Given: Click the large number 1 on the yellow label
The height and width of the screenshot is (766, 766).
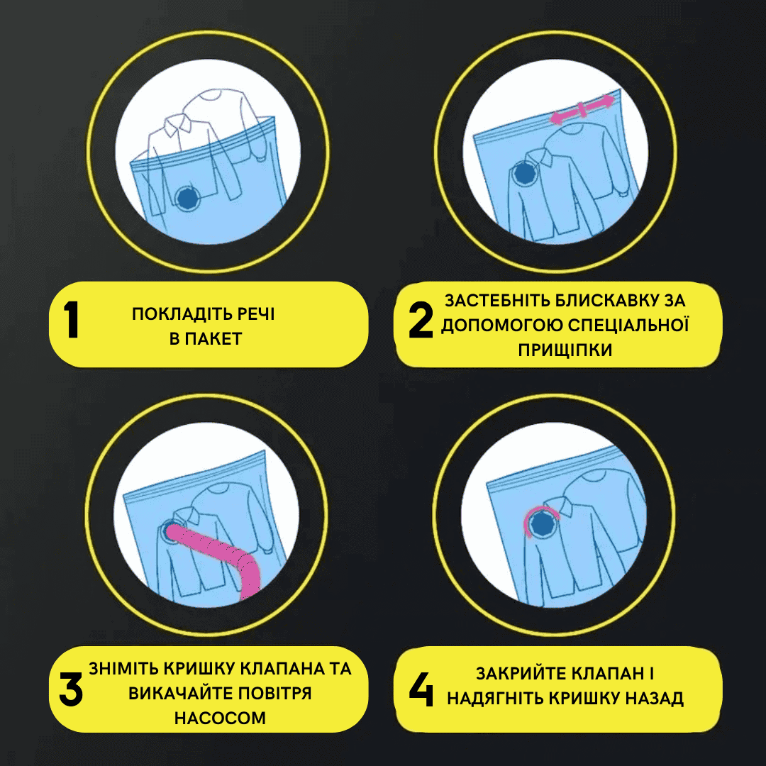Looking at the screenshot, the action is click(x=72, y=319).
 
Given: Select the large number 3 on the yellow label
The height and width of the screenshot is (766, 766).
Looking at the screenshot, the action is click(x=71, y=689).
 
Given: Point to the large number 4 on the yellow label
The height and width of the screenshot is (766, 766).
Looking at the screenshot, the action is click(x=421, y=689).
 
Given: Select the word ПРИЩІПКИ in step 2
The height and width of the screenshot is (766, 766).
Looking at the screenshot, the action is click(x=565, y=350).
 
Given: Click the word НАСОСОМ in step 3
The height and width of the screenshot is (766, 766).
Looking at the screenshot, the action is click(x=220, y=718).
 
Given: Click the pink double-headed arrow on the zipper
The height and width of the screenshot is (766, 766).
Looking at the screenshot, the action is click(x=582, y=109).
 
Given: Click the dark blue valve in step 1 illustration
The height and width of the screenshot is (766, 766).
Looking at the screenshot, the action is click(x=187, y=198).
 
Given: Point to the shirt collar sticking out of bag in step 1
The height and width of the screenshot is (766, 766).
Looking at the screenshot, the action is click(x=178, y=125).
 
